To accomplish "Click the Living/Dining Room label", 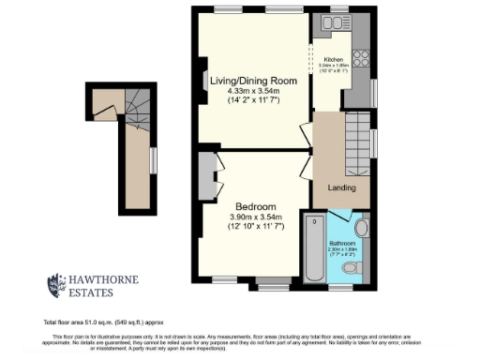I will tap(253, 82).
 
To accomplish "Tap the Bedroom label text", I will tap(255, 206).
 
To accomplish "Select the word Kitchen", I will tap(334, 59).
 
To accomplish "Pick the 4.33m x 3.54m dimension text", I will tap(253, 91).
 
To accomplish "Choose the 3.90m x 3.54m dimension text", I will tap(255, 217).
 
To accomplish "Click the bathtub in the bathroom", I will tap(313, 247).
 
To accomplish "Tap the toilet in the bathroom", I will tap(351, 268).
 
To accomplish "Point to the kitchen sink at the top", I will tap(339, 25).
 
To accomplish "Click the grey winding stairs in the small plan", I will tap(135, 102).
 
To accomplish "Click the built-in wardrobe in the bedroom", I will tap(206, 175).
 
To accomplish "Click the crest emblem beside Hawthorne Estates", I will tap(56, 285).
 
